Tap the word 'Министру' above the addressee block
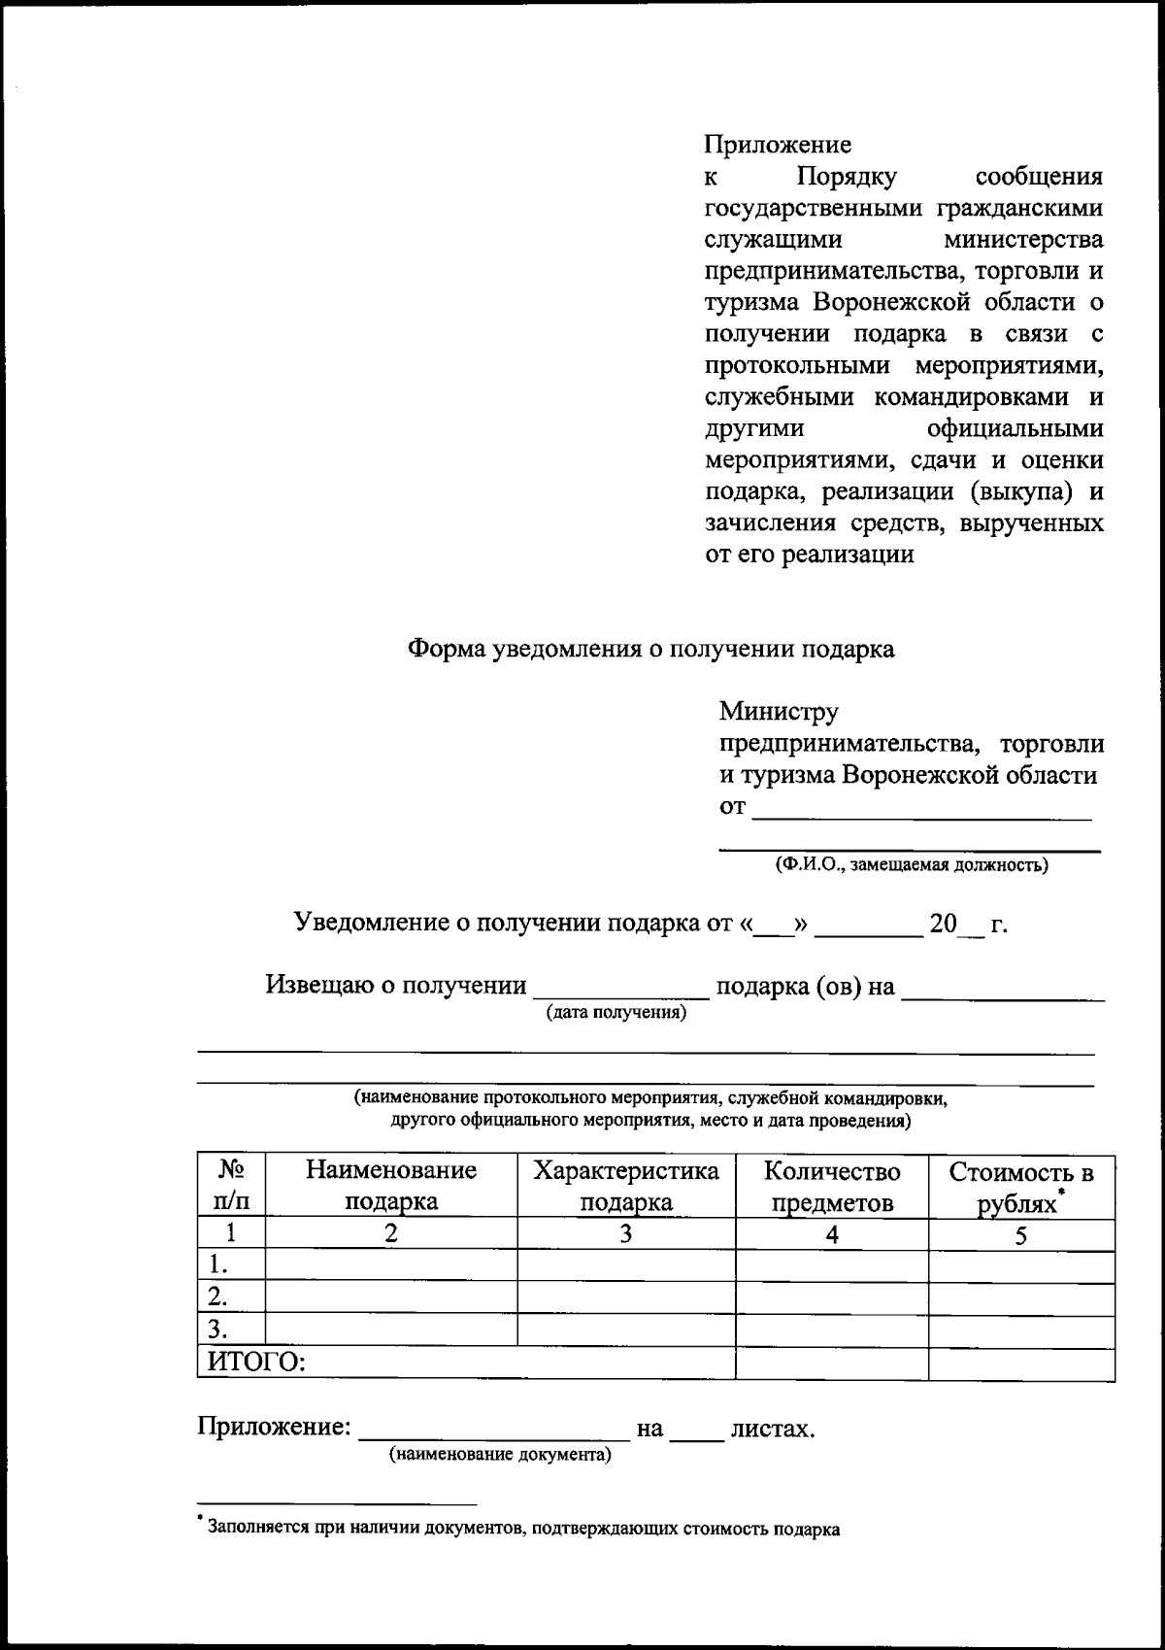pyautogui.click(x=779, y=712)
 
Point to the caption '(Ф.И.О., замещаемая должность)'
pyautogui.click(x=911, y=864)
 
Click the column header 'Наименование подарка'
pyautogui.click(x=391, y=1186)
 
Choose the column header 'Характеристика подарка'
pyautogui.click(x=626, y=1186)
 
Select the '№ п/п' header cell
pyautogui.click(x=231, y=1186)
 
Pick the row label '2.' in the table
pyautogui.click(x=218, y=1296)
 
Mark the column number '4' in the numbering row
pyautogui.click(x=832, y=1234)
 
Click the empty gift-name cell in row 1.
pyautogui.click(x=391, y=1264)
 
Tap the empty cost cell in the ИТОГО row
pyautogui.click(x=1020, y=1363)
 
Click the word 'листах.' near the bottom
pyautogui.click(x=773, y=1429)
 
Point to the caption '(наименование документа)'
pyautogui.click(x=500, y=1455)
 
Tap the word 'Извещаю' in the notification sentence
pyautogui.click(x=317, y=986)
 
